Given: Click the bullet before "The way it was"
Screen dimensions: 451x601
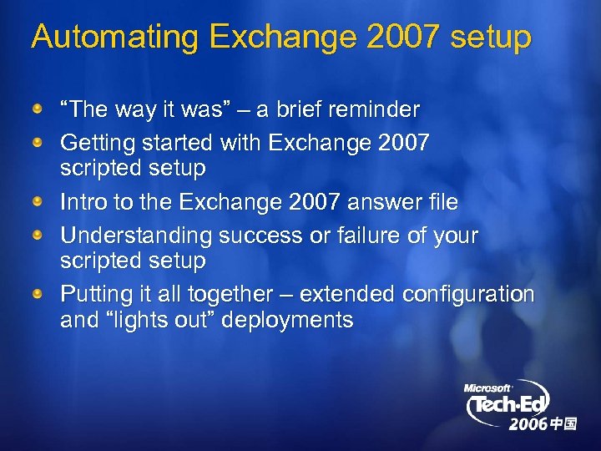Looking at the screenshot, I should click(x=38, y=110).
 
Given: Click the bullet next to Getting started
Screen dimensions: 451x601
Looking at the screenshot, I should click(x=38, y=144).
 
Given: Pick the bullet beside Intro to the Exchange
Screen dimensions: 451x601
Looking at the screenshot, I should click(x=38, y=203).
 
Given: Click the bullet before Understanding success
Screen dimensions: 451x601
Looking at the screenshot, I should click(x=38, y=236).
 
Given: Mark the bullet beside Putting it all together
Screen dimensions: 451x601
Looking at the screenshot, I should click(x=38, y=295).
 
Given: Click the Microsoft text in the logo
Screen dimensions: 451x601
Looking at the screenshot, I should click(x=487, y=388).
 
